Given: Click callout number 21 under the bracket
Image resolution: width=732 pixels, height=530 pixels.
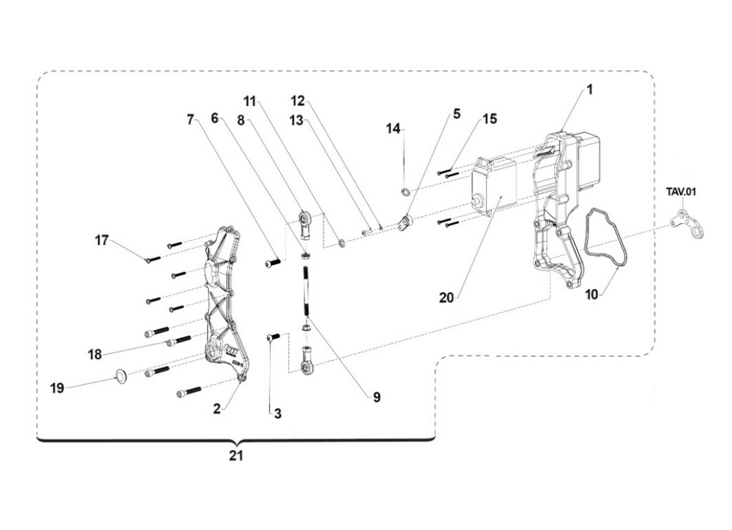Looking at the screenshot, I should tap(236, 456).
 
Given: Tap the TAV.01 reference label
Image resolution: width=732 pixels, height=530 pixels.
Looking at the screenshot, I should tap(680, 192).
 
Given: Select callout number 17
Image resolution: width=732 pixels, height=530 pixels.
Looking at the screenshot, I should tap(101, 240).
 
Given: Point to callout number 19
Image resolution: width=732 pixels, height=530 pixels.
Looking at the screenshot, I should tap(57, 388).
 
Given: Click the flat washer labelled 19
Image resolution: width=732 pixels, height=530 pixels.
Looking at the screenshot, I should tap(121, 376).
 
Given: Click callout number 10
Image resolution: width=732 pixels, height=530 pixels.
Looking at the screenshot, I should tap(591, 295).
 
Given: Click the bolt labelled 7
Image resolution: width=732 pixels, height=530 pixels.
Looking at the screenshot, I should tap(273, 263).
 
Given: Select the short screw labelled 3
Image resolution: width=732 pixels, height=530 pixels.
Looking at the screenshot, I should tap(273, 337).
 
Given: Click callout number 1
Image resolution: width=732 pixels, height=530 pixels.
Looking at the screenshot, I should tap(589, 90).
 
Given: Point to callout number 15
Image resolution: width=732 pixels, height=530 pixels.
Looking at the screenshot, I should tap(490, 119).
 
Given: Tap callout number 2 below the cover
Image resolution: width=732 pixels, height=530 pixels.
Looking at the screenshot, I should tap(217, 409).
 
